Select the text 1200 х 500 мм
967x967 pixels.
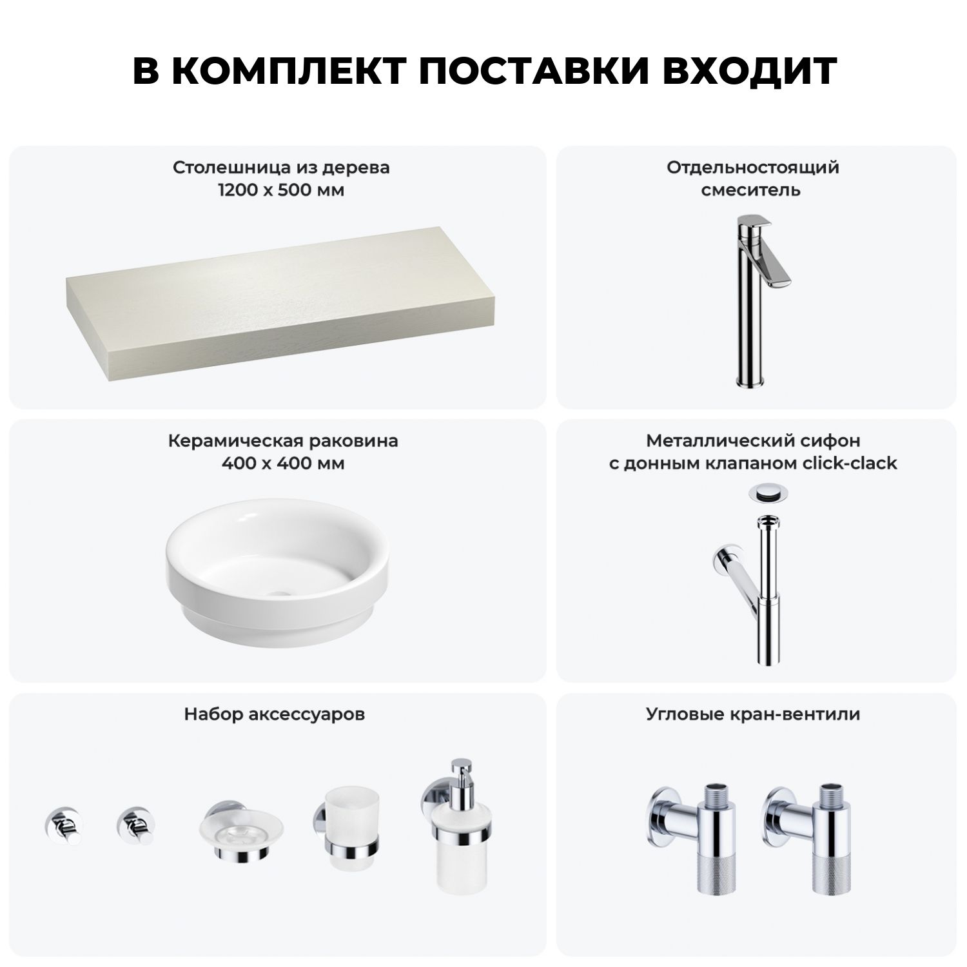click(281, 191)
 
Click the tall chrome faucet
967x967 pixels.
click(758, 302)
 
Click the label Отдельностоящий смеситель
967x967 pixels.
click(753, 179)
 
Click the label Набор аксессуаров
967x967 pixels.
click(275, 714)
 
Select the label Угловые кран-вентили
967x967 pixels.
click(753, 714)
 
